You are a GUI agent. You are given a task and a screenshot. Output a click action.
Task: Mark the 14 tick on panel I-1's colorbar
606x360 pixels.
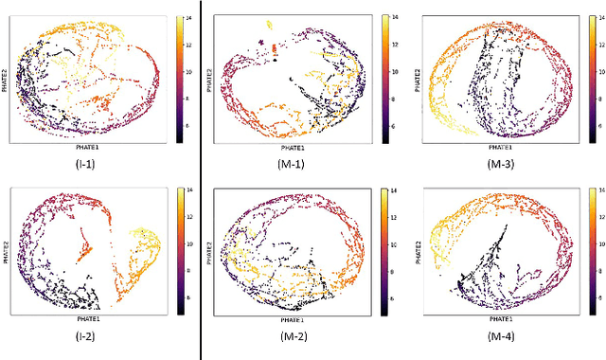tap(190, 18)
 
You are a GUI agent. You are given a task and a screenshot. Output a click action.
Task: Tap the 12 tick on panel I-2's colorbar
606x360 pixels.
tap(190, 219)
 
